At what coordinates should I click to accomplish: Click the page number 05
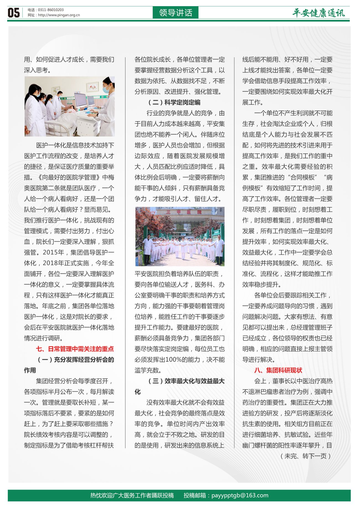tap(14, 13)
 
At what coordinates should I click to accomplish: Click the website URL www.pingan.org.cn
tap(59, 15)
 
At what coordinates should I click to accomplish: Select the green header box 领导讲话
tap(176, 13)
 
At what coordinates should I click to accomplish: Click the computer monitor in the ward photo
tap(80, 100)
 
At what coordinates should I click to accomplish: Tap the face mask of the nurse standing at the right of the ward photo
tap(106, 89)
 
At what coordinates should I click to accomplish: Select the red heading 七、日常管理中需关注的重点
tap(75, 349)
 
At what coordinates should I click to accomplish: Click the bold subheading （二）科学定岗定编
tap(174, 102)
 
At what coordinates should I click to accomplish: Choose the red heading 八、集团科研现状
tap(278, 370)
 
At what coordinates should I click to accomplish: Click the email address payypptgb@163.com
tap(240, 495)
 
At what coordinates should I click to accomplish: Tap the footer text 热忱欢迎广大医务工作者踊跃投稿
tap(132, 495)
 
